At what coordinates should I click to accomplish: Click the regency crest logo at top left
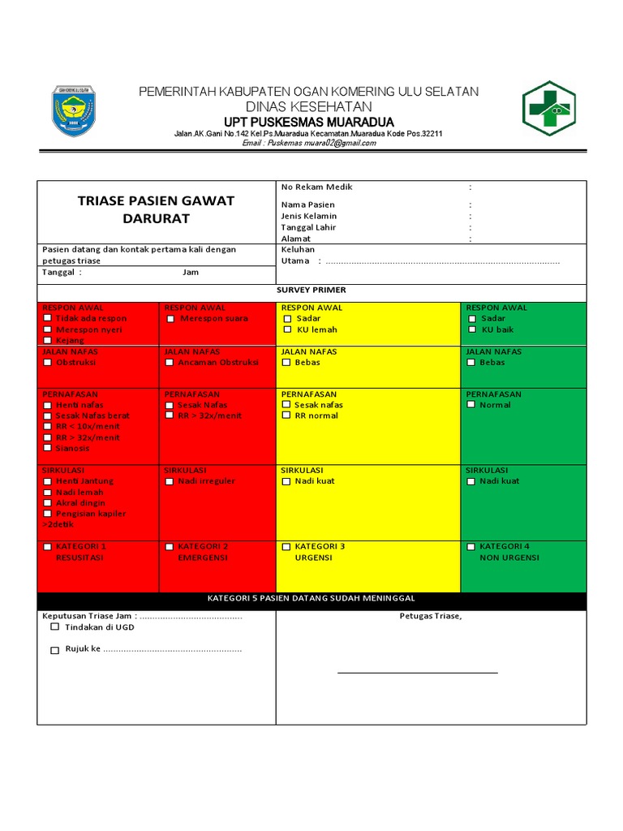[x=73, y=110]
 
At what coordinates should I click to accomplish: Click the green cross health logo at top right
[x=548, y=108]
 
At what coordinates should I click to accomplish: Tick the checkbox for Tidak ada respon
[x=48, y=319]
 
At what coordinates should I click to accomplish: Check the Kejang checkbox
[x=48, y=341]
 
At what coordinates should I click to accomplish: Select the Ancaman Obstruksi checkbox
[x=170, y=363]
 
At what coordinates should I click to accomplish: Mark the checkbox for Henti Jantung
[x=48, y=481]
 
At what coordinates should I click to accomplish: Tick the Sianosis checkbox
[x=48, y=448]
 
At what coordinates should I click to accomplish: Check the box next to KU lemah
[x=287, y=329]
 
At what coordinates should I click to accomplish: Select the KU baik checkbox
[x=472, y=329]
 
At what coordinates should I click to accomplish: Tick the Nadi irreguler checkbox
[x=170, y=481]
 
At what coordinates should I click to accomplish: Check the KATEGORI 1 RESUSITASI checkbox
[x=48, y=547]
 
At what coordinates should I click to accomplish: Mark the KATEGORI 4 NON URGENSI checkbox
[x=472, y=547]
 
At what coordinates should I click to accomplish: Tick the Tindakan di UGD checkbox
[x=54, y=626]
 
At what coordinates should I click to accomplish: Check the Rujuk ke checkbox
[x=54, y=650]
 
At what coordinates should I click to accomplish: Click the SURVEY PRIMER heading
[x=311, y=290]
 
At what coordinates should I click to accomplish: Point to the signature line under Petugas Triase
[x=418, y=673]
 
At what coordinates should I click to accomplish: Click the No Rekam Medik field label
[x=316, y=187]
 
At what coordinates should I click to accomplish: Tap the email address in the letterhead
[x=309, y=143]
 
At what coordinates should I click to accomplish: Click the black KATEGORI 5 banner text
[x=311, y=598]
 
